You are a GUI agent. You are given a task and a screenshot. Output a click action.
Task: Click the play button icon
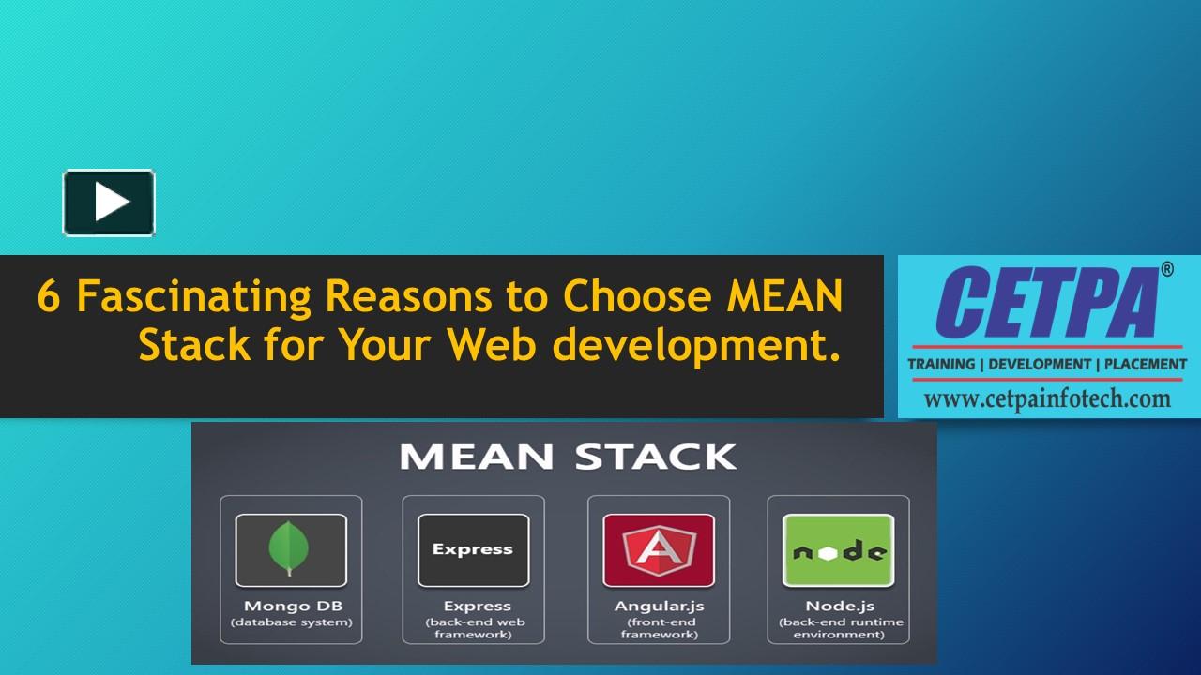[109, 202]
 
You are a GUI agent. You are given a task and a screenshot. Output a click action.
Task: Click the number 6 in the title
[48, 297]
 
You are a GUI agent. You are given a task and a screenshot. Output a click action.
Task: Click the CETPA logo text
[1045, 304]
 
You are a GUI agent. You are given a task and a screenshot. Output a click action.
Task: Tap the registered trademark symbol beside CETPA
[1166, 270]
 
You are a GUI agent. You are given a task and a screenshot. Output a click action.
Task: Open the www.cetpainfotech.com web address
[1047, 398]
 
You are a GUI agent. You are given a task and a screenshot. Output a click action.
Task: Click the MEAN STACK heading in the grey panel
[568, 457]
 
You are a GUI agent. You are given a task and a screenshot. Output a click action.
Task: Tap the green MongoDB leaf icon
[290, 549]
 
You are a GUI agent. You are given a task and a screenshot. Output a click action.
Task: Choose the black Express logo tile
[472, 549]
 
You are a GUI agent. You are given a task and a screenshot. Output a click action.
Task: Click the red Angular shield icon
[658, 549]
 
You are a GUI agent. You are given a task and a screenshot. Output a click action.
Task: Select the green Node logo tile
[838, 549]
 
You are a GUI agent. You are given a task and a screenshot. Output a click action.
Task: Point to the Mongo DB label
[291, 606]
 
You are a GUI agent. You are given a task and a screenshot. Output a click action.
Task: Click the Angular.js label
[659, 606]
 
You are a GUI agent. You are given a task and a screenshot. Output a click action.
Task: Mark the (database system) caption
[291, 622]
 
